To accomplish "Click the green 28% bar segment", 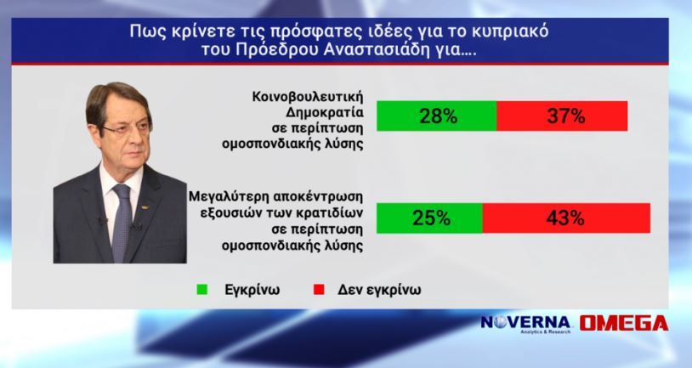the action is (x=436, y=116).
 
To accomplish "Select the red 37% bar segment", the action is (x=562, y=116).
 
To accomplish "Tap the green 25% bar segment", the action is (x=429, y=218).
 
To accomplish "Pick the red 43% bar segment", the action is (x=567, y=218).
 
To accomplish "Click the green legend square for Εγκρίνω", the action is (x=202, y=290).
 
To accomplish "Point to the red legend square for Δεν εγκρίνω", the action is (x=319, y=290).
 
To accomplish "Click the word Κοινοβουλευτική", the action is (x=308, y=97).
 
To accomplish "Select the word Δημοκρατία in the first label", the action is (x=325, y=112).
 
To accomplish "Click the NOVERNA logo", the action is (x=525, y=324).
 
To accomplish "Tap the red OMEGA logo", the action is (x=624, y=324).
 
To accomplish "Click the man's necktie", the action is (x=122, y=222).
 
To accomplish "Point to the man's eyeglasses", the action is (x=127, y=129).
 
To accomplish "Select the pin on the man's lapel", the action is (x=144, y=207).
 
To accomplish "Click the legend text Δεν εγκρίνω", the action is (x=379, y=290).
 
